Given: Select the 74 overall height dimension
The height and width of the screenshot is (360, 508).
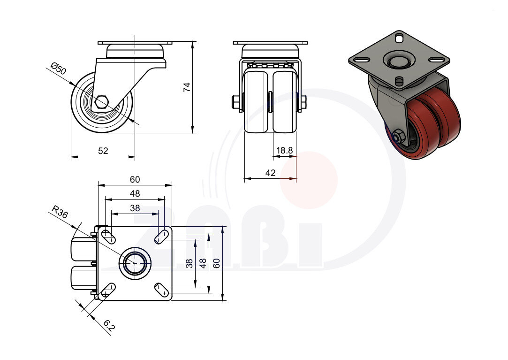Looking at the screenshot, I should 187,87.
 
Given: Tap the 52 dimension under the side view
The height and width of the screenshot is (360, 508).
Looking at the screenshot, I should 103,151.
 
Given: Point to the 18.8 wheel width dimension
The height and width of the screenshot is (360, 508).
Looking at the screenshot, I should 284,150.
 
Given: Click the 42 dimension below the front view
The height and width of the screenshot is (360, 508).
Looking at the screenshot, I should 270,173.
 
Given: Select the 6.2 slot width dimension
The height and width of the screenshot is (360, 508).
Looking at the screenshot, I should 108,326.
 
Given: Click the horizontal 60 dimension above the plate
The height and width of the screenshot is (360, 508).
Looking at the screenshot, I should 135,179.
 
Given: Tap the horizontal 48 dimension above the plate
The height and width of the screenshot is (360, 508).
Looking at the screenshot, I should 135,193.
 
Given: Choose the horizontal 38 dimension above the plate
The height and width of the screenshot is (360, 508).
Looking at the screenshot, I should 135,207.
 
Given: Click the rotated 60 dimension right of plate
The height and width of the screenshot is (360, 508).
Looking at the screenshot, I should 216,263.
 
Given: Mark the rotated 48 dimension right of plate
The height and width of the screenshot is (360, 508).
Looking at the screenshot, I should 203,263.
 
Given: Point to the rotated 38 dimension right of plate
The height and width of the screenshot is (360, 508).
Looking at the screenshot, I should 189,263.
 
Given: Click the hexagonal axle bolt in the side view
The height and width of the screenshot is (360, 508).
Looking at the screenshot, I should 102,102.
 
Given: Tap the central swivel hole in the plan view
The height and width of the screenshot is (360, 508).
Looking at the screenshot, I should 135,263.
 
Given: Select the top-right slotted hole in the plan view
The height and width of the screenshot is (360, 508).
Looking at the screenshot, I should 162,237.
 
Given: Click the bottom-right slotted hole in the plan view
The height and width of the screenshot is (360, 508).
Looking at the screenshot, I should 162,290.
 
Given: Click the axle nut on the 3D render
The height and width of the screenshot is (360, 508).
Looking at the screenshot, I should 399,137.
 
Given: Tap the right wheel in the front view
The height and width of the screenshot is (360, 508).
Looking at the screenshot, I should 285,101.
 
